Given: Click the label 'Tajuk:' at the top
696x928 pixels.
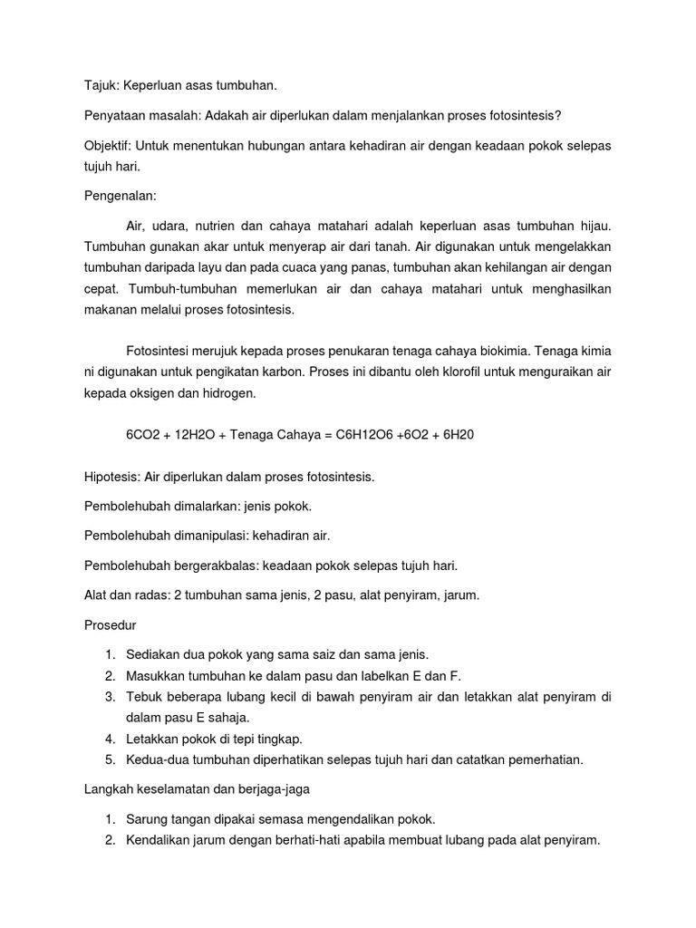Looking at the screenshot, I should point(101,85).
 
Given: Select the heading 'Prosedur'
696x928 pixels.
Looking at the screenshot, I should point(111,625).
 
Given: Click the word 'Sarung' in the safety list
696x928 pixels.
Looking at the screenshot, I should point(150,819).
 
